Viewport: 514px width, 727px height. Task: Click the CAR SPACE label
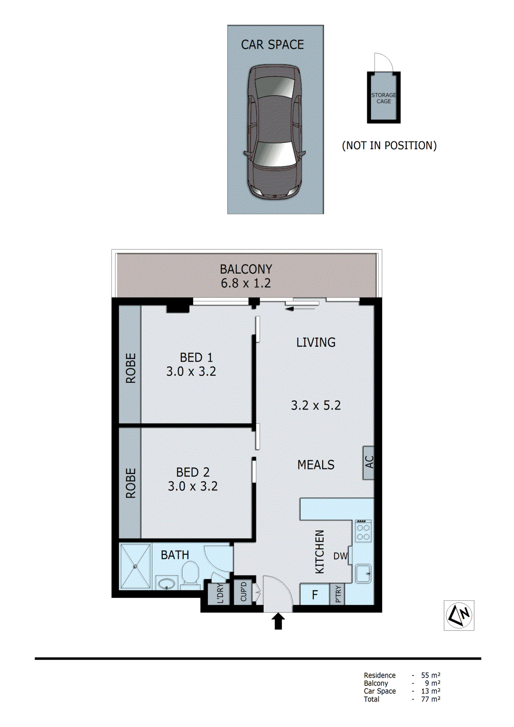(272, 45)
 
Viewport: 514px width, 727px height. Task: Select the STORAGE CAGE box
(384, 98)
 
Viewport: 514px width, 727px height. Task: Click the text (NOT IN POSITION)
(389, 145)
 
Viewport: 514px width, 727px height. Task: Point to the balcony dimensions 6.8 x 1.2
(245, 284)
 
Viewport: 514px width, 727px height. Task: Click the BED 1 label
(196, 358)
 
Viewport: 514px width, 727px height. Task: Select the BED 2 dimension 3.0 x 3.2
(193, 486)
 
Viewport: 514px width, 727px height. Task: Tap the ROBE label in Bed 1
(130, 368)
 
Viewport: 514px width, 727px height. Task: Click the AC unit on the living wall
(369, 463)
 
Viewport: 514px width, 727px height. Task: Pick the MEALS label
(315, 465)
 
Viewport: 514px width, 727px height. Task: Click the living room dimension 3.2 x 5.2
(315, 405)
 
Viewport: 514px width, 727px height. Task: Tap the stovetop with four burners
(363, 532)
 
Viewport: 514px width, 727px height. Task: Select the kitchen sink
(363, 573)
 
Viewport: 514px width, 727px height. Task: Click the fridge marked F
(314, 594)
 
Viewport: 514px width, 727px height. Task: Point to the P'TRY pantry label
(337, 594)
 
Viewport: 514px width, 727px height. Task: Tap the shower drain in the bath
(135, 566)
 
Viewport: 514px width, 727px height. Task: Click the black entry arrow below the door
(278, 621)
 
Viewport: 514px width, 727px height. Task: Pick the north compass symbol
(459, 615)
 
